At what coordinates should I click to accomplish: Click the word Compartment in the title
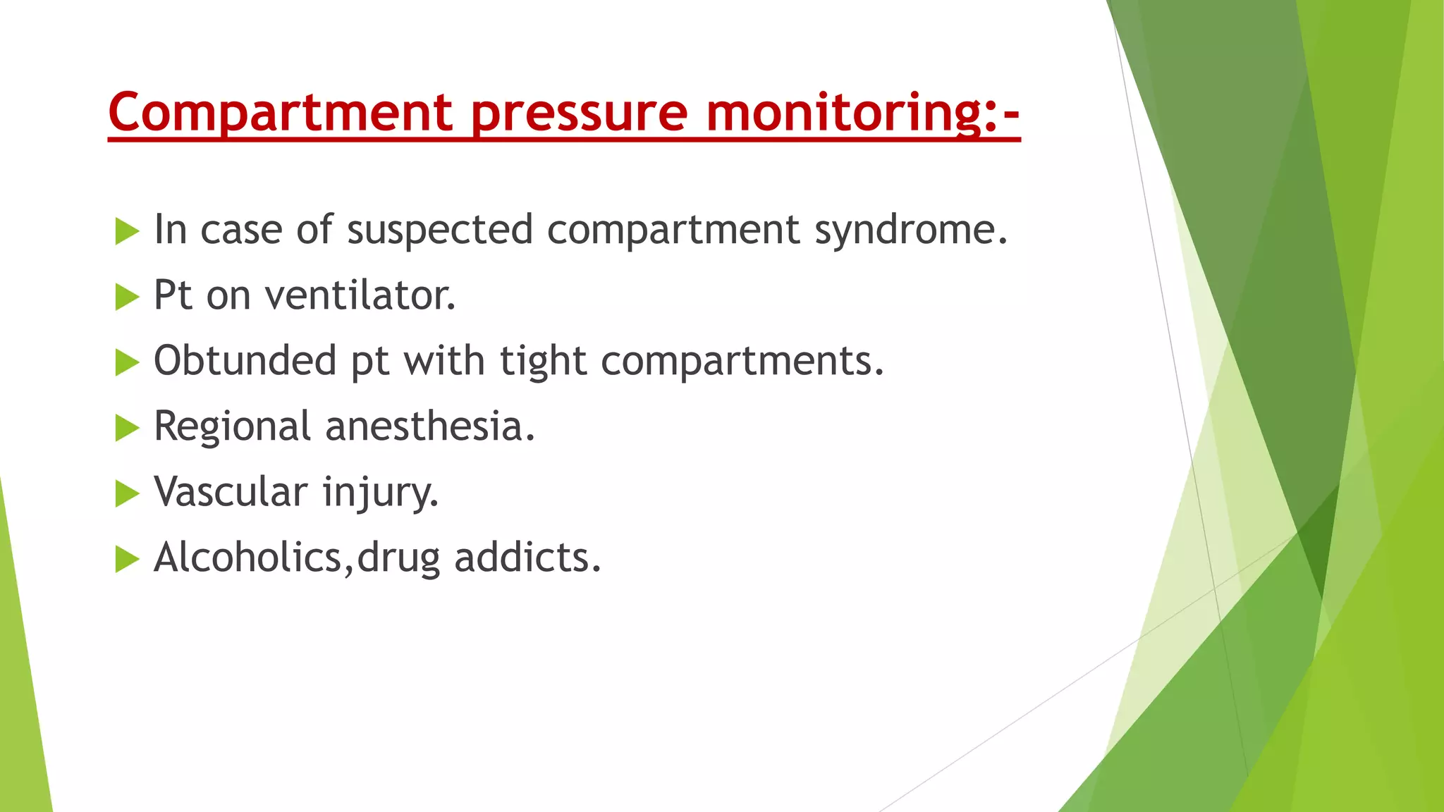tap(281, 113)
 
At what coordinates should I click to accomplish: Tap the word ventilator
tap(360, 295)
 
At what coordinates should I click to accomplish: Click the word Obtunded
tap(245, 361)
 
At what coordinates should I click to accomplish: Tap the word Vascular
tap(231, 492)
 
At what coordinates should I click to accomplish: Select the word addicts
tap(527, 558)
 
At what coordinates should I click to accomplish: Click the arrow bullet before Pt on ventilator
tap(127, 297)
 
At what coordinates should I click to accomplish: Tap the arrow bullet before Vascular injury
tap(127, 493)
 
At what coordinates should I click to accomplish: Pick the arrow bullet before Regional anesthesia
tap(127, 428)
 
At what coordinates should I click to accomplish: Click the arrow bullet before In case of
tap(127, 231)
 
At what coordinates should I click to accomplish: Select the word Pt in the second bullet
tap(173, 295)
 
